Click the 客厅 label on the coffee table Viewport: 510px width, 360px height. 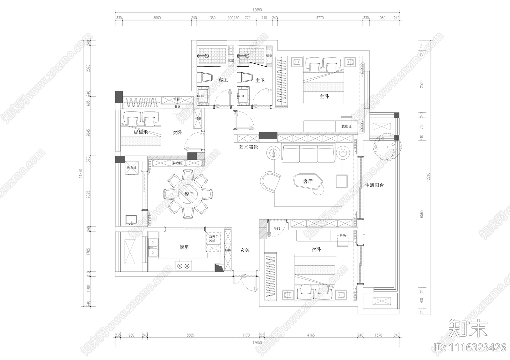pos(308,181)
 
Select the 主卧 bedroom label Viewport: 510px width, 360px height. pos(324,96)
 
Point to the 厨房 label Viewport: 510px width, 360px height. pos(184,247)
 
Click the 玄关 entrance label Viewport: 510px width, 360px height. pos(245,250)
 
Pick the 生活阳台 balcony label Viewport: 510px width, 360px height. pos(374,185)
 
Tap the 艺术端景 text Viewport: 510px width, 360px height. pos(249,147)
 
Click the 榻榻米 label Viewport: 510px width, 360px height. pos(141,132)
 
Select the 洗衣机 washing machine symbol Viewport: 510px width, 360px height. pos(131,168)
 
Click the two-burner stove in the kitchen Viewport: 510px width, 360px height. pos(184,265)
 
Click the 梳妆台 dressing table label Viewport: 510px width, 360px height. pos(346,126)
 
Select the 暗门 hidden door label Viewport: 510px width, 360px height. pos(277,228)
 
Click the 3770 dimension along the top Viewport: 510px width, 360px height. pos(320,18)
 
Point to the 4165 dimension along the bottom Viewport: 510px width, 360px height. pos(311,335)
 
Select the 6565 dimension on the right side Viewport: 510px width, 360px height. pos(422,214)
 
